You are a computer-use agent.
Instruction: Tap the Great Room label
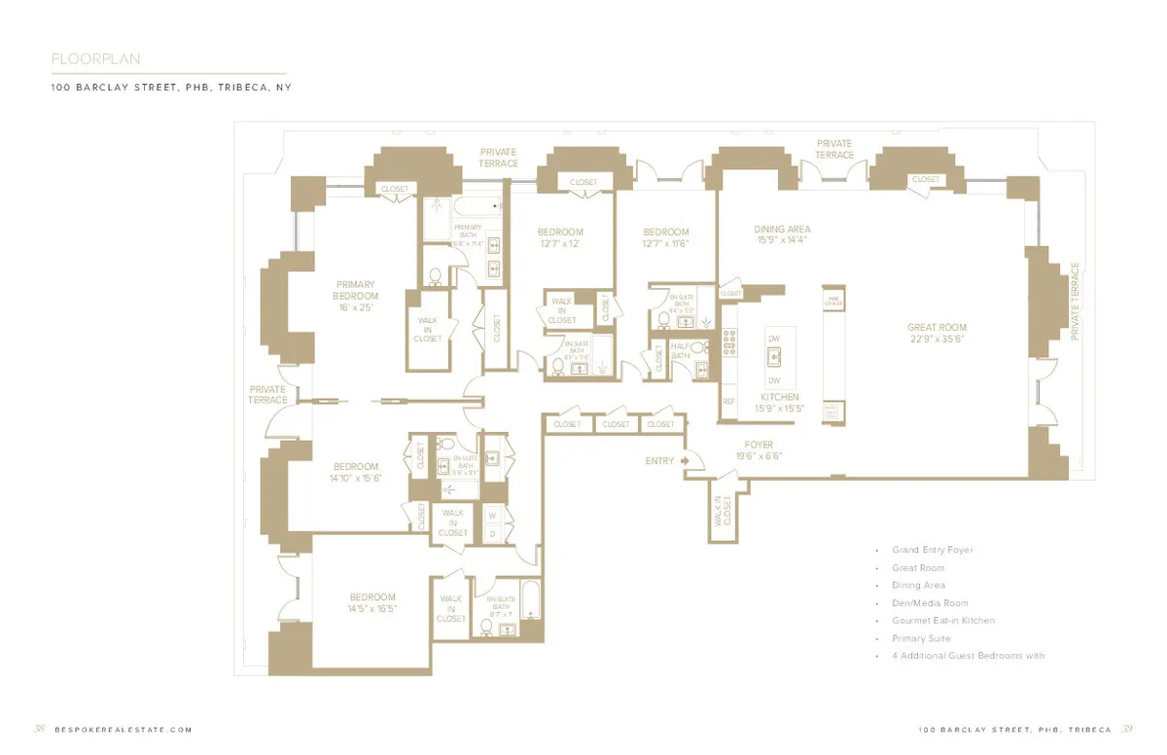pyautogui.click(x=937, y=328)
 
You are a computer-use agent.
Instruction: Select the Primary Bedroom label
pyautogui.click(x=355, y=290)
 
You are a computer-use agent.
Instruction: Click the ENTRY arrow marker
pyautogui.click(x=685, y=460)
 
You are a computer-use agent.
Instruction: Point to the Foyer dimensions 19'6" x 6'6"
pyautogui.click(x=759, y=456)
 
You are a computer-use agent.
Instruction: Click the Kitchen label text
pyautogui.click(x=780, y=397)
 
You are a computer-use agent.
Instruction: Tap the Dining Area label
pyautogui.click(x=782, y=230)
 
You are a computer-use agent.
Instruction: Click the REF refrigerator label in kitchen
pyautogui.click(x=728, y=400)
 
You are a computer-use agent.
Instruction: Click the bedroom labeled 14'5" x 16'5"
pyautogui.click(x=372, y=597)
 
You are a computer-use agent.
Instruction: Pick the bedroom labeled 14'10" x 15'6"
pyautogui.click(x=355, y=466)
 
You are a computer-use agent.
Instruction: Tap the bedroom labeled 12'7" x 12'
pyautogui.click(x=560, y=233)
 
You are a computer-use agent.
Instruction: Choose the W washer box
pyautogui.click(x=492, y=515)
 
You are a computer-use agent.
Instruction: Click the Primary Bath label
pyautogui.click(x=468, y=231)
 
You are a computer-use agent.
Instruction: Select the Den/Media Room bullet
pyautogui.click(x=929, y=603)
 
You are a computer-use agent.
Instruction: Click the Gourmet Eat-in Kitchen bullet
pyautogui.click(x=942, y=621)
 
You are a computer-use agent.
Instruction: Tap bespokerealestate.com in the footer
pyautogui.click(x=124, y=730)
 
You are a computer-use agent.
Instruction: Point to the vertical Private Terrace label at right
pyautogui.click(x=1075, y=301)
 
